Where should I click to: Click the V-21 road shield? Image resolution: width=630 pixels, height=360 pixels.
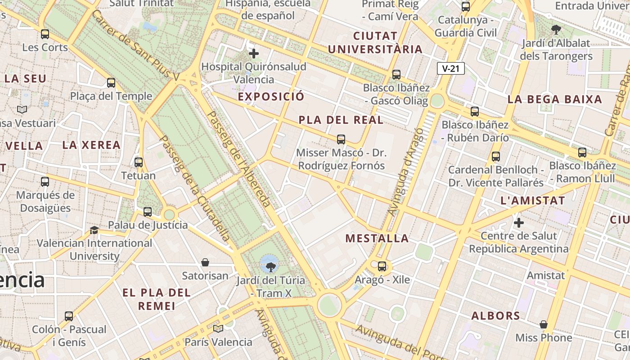[x=450, y=68]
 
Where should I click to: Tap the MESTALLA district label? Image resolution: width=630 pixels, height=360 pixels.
[x=377, y=238]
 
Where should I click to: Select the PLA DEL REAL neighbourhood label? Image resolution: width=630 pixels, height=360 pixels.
[x=341, y=120]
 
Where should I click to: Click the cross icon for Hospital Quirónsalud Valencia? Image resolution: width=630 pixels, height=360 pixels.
[x=254, y=54]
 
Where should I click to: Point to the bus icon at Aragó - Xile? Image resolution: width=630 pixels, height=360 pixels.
[x=382, y=266]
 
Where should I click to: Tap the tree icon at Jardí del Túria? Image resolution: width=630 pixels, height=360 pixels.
[x=270, y=267]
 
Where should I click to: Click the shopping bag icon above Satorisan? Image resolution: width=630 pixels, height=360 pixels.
[x=205, y=262]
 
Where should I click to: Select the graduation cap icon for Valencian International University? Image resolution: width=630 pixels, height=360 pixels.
[x=94, y=230]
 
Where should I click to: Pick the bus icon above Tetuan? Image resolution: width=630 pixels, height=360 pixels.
[x=139, y=162]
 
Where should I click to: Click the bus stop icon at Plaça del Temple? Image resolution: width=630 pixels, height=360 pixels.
[x=111, y=83]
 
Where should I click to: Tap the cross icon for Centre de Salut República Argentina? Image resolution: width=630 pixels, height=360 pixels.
[x=519, y=223]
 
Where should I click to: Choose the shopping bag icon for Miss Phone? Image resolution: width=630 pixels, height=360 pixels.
[x=544, y=324]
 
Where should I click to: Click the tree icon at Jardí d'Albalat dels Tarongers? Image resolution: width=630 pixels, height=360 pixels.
[x=556, y=30]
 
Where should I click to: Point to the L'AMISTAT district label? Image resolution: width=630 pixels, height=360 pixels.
[x=532, y=201]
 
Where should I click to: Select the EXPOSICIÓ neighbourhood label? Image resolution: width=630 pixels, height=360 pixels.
[x=271, y=97]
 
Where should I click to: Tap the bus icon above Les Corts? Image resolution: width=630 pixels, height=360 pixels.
[x=45, y=34]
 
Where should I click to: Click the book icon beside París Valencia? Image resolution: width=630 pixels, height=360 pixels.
[x=218, y=329]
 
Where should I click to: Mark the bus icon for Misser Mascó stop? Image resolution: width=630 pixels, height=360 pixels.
[x=341, y=139]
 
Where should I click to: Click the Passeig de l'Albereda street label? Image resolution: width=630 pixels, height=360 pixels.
[x=238, y=159]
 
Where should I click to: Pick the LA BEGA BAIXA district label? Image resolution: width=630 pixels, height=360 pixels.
[x=554, y=99]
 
